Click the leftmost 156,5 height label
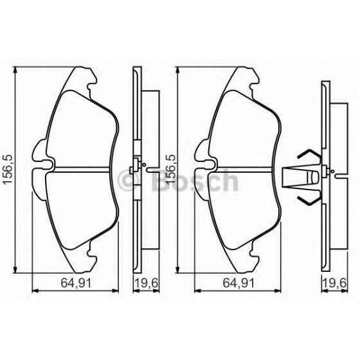click(8, 169)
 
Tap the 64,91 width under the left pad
click(64, 281)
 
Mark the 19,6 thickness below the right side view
click(334, 281)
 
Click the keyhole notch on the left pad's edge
click(46, 165)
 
